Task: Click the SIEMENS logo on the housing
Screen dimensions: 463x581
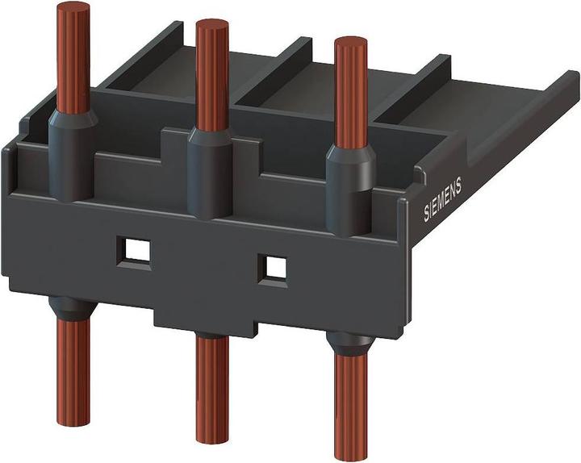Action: [443, 198]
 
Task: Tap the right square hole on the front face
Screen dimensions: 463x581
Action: [276, 267]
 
